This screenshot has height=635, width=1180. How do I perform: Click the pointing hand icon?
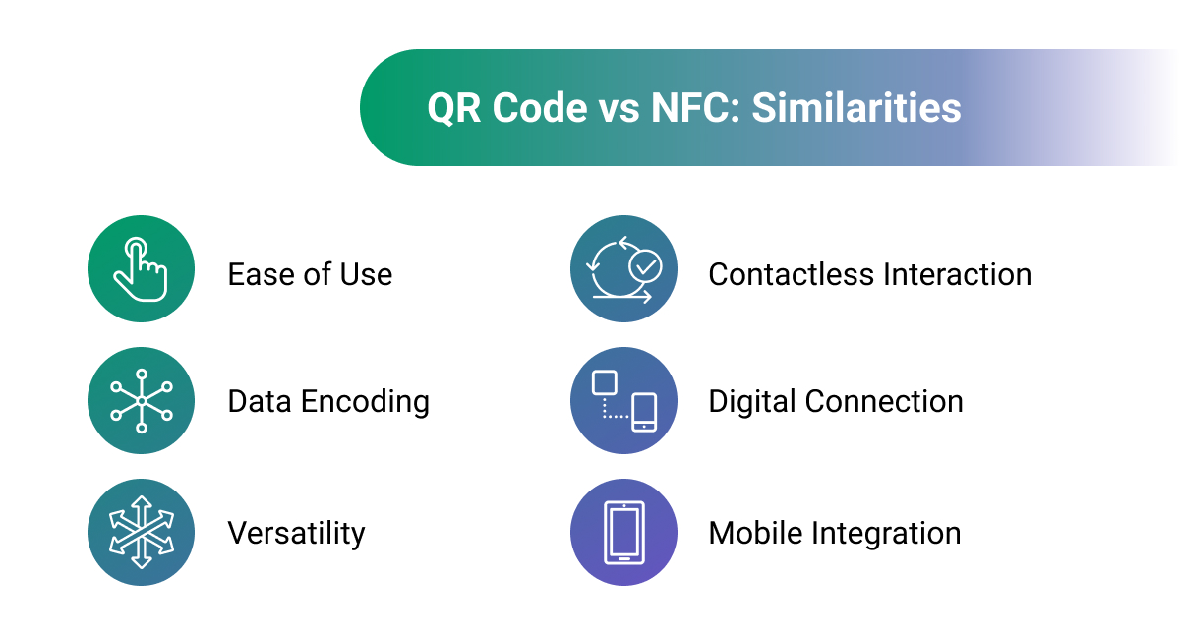pos(141,269)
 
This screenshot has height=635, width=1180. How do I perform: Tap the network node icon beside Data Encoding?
pos(141,401)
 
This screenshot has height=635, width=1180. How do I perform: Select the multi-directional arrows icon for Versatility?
pos(141,533)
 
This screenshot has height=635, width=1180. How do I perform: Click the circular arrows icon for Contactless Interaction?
pos(623,269)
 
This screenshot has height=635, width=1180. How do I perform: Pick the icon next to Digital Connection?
pos(623,401)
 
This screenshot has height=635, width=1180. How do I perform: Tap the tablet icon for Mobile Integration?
pos(623,533)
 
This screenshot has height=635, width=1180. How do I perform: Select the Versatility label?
pos(296,534)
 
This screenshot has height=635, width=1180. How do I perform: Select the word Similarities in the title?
pos(856,108)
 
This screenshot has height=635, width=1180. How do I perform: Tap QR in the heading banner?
pos(454,108)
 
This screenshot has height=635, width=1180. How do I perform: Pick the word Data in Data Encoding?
pos(260,402)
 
